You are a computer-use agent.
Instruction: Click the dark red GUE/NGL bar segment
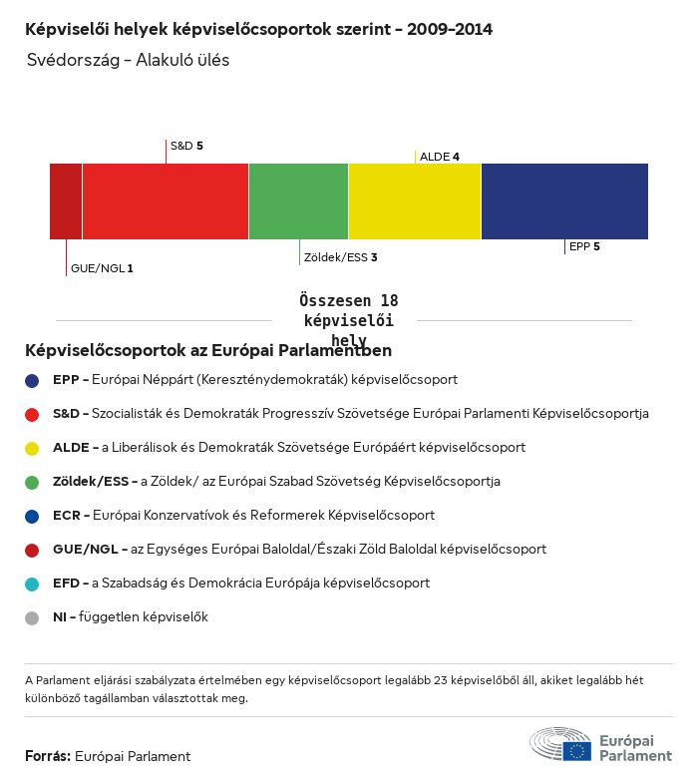[66, 201]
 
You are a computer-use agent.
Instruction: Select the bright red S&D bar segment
[166, 201]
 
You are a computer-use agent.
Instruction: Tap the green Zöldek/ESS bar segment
[298, 201]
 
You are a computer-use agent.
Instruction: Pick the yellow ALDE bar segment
[415, 201]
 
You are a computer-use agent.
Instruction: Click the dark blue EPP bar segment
[564, 201]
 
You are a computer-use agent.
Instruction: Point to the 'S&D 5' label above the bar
[186, 146]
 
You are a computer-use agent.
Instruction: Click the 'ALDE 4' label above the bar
[439, 157]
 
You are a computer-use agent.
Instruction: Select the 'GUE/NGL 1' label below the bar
[102, 268]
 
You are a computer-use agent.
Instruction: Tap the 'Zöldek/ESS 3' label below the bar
[341, 257]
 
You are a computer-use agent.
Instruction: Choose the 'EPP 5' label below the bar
[584, 246]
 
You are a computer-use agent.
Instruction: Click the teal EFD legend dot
[32, 584]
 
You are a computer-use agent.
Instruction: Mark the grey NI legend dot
[32, 617]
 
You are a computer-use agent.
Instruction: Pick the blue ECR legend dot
[32, 516]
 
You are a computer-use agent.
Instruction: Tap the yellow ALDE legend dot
[32, 448]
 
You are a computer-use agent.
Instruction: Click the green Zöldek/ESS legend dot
[32, 482]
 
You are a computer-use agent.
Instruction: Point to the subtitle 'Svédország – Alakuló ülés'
[129, 60]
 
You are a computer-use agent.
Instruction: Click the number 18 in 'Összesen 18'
[388, 301]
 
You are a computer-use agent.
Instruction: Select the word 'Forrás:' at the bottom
[48, 756]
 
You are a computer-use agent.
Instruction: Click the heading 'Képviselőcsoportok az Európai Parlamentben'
[208, 351]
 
